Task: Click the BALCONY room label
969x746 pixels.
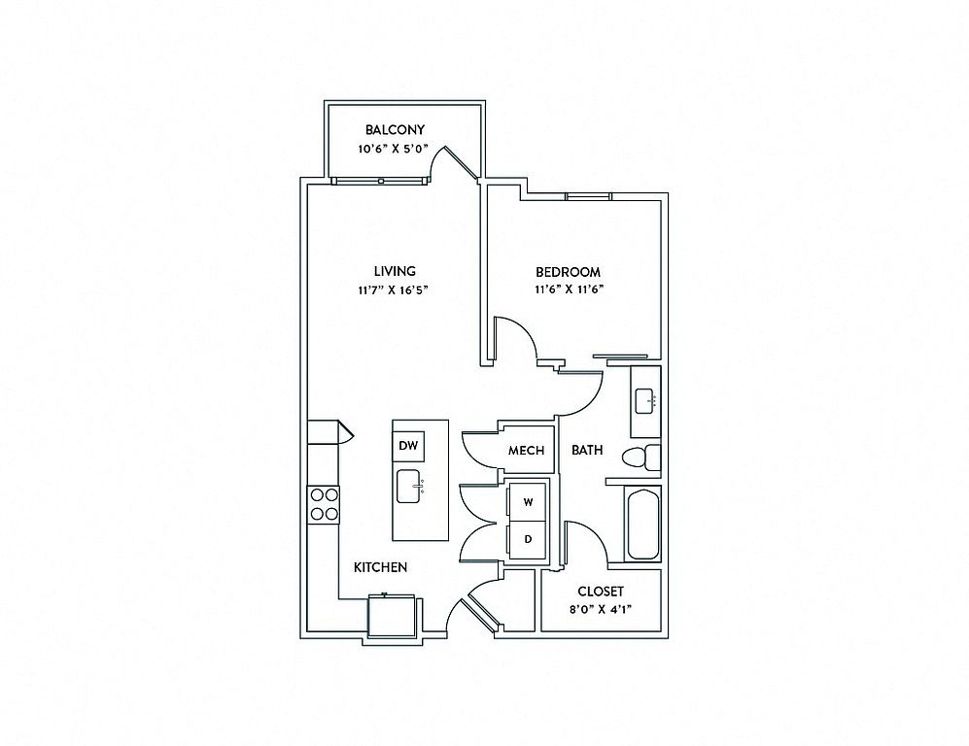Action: [x=395, y=130]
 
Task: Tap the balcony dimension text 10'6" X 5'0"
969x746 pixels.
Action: [x=393, y=149]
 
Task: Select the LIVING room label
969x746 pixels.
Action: [x=395, y=270]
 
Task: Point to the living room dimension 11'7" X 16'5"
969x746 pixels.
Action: [x=393, y=289]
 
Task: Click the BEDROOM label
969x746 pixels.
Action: [x=568, y=272]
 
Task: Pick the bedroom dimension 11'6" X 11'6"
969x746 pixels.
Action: [x=568, y=289]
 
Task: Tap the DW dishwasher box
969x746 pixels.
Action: [x=408, y=446]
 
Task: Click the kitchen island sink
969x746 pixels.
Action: [x=410, y=487]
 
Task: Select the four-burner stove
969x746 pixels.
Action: [x=324, y=504]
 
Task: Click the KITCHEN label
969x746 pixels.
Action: [x=381, y=567]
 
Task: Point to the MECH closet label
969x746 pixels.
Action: [x=527, y=450]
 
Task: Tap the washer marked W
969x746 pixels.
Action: [x=528, y=502]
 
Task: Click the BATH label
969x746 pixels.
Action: [x=587, y=450]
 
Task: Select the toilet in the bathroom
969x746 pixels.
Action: [x=641, y=458]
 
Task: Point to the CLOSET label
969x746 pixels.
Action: [x=601, y=591]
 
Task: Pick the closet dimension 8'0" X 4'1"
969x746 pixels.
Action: [x=601, y=609]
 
